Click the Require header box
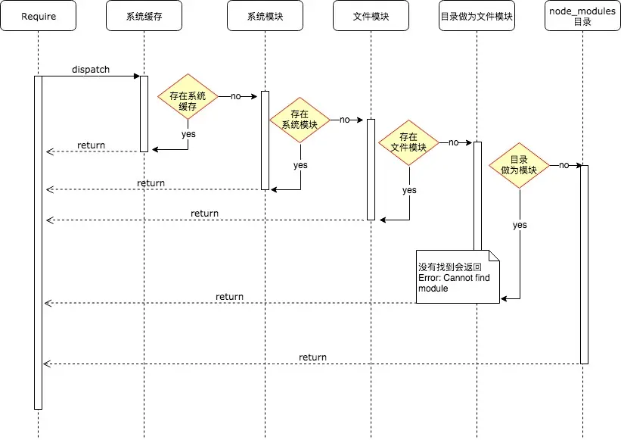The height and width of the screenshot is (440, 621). click(x=38, y=16)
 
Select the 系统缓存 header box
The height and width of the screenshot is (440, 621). click(x=144, y=16)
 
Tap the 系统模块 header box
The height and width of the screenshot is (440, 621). click(x=265, y=16)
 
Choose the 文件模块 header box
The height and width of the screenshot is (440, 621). click(x=371, y=16)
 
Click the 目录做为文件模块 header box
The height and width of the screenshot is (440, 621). click(x=477, y=16)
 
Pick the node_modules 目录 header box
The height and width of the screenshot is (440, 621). click(x=582, y=16)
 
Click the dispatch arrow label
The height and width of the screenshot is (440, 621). click(x=91, y=70)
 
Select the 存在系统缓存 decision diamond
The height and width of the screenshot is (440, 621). click(x=188, y=97)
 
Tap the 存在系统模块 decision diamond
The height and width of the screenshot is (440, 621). click(x=300, y=120)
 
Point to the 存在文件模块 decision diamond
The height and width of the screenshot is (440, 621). click(x=408, y=142)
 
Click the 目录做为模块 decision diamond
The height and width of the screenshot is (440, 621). click(x=519, y=165)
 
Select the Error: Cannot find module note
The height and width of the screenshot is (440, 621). click(x=457, y=277)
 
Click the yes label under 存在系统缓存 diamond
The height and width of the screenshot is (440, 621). click(x=188, y=133)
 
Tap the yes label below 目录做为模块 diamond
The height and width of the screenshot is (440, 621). click(x=520, y=225)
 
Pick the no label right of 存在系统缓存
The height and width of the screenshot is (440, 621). click(x=235, y=96)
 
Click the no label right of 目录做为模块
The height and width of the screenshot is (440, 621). click(x=564, y=165)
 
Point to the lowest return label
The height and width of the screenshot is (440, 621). click(x=312, y=357)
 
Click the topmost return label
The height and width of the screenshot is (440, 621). click(x=91, y=145)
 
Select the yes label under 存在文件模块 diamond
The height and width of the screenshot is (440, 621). click(x=409, y=190)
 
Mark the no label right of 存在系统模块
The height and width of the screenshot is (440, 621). click(x=345, y=120)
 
